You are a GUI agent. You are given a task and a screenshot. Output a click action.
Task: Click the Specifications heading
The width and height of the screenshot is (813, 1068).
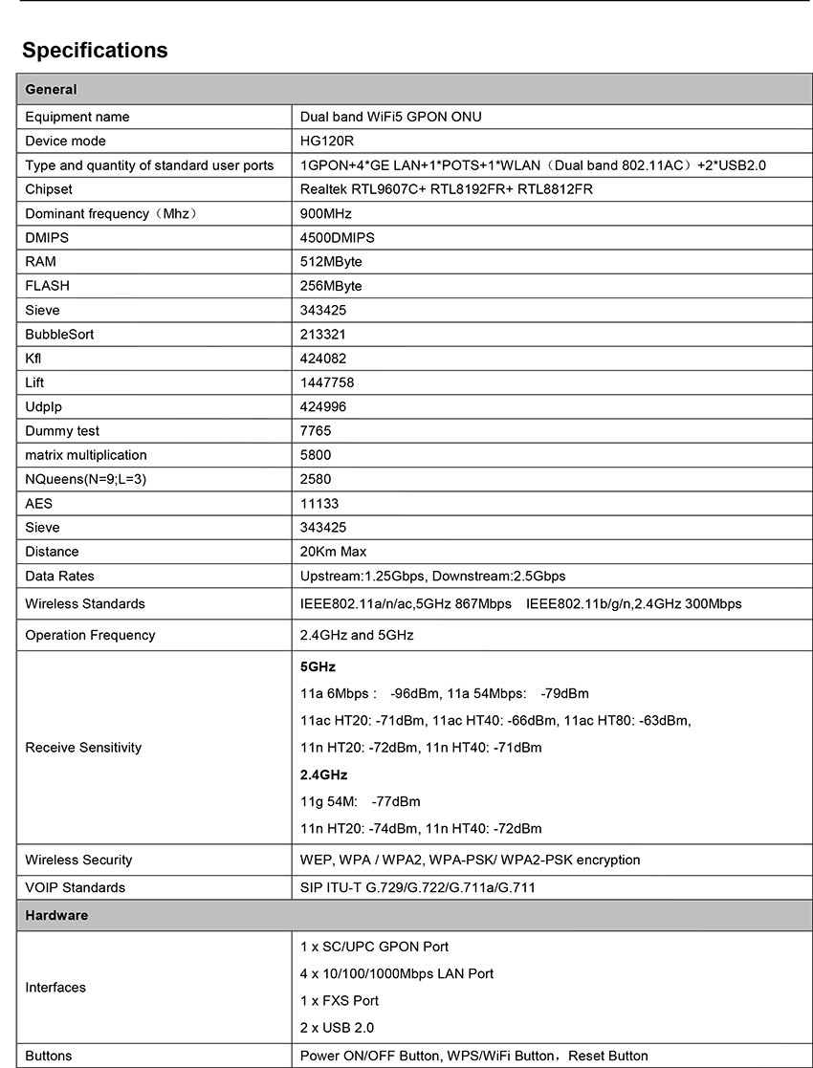95,51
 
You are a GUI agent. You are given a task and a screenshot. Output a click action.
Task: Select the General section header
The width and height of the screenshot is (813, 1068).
51,90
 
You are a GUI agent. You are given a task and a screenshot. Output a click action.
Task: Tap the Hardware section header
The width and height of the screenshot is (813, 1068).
56,915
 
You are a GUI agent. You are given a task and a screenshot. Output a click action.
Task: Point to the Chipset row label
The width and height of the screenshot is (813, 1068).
49,189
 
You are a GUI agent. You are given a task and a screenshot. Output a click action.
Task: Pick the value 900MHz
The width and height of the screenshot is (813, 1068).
326,213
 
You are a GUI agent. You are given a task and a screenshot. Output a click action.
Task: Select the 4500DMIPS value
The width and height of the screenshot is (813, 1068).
338,237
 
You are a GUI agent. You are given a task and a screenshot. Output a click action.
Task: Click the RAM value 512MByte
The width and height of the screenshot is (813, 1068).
331,261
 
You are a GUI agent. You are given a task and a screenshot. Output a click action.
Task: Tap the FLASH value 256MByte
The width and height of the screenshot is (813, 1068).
331,286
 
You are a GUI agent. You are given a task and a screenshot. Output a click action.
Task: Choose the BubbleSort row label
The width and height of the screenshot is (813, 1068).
59,335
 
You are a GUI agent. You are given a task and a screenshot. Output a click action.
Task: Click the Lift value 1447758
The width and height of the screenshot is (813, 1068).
327,382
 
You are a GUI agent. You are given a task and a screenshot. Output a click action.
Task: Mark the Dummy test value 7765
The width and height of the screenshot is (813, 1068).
316,431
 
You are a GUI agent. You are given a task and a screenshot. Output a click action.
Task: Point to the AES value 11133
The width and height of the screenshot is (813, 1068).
319,503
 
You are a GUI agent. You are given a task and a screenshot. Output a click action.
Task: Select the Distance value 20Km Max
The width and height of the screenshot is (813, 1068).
333,552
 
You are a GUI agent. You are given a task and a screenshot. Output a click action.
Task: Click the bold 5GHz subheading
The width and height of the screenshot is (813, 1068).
318,666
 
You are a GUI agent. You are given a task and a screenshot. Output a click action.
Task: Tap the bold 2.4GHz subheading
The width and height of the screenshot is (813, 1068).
323,774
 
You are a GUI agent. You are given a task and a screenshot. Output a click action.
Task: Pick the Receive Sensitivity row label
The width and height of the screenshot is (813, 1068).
83,748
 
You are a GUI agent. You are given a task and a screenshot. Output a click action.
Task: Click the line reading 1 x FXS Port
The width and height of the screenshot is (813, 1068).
340,1000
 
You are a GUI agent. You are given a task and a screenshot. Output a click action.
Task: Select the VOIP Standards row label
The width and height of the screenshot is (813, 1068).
75,887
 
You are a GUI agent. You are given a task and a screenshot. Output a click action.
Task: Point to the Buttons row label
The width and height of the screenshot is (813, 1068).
49,1056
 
